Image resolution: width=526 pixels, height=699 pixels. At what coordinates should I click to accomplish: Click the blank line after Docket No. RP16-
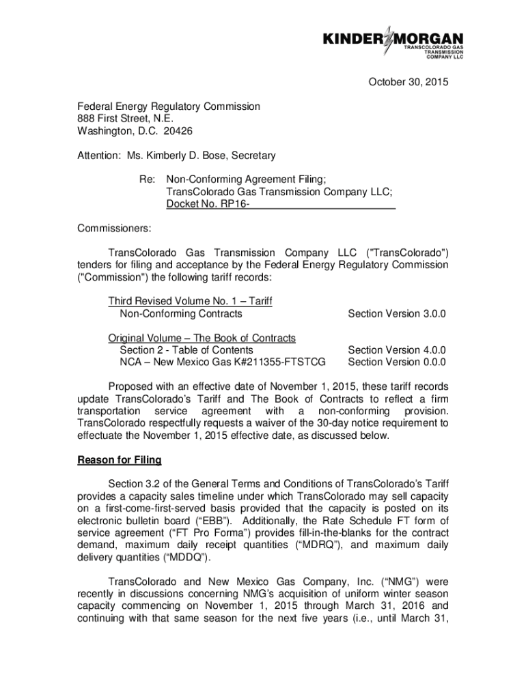coord(322,204)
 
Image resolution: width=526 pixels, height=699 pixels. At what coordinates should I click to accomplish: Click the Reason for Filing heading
coord(120,460)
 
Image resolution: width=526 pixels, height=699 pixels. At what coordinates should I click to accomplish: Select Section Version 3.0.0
coord(396,313)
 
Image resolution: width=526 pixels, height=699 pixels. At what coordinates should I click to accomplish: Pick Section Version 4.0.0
coord(396,350)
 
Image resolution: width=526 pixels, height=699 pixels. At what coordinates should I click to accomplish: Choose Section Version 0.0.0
coord(396,362)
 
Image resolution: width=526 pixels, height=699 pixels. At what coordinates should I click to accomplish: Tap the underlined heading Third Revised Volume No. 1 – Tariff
coord(191,301)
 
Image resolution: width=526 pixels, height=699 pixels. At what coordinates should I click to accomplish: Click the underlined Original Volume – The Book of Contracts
coord(202,338)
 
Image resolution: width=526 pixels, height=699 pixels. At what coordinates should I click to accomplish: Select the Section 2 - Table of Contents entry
coord(186,350)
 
